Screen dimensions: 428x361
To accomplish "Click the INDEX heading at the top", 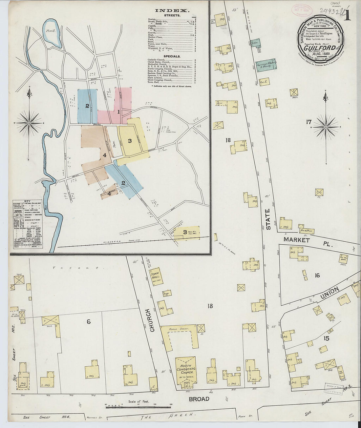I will pyautogui.click(x=172, y=10).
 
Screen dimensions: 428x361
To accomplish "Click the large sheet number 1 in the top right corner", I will pyautogui.click(x=347, y=15).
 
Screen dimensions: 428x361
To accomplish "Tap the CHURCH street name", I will pyautogui.click(x=152, y=320).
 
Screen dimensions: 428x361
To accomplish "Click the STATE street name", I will pyautogui.click(x=268, y=219).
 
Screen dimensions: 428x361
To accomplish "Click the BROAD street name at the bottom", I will pyautogui.click(x=199, y=399).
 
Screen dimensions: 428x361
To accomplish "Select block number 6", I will pyautogui.click(x=88, y=322).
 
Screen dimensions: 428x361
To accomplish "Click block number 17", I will pyautogui.click(x=308, y=122).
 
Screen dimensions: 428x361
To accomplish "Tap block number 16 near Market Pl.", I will pyautogui.click(x=317, y=275).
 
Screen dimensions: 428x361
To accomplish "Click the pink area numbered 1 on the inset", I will pyautogui.click(x=118, y=112).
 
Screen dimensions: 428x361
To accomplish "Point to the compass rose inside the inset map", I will pyautogui.click(x=29, y=123).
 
